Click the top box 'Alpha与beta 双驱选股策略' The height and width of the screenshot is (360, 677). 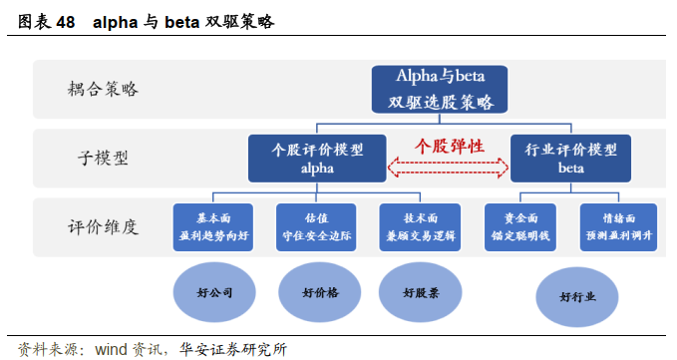point(440,89)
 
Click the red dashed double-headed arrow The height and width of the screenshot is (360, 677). point(448,169)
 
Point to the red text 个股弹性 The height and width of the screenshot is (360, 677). point(450,146)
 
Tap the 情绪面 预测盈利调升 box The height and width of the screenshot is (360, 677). point(619,226)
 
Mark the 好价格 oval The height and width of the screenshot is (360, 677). point(318,293)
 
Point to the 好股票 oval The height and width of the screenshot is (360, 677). point(422,293)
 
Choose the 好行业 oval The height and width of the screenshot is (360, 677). point(577,297)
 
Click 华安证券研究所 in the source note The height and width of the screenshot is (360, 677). point(234,349)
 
